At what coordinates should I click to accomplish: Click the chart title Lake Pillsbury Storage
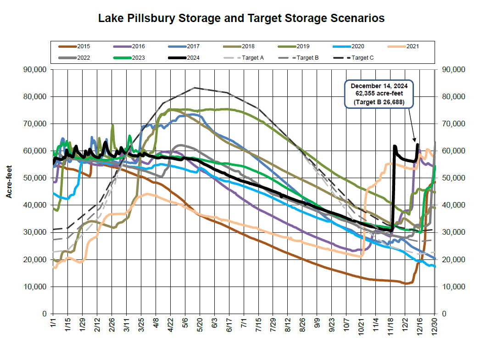[x=241, y=18]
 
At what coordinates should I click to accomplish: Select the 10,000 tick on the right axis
[x=453, y=287]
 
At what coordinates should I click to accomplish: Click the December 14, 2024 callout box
[x=379, y=95]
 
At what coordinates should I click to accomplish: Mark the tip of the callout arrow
[x=415, y=142]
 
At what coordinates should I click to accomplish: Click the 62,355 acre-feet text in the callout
[x=379, y=94]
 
